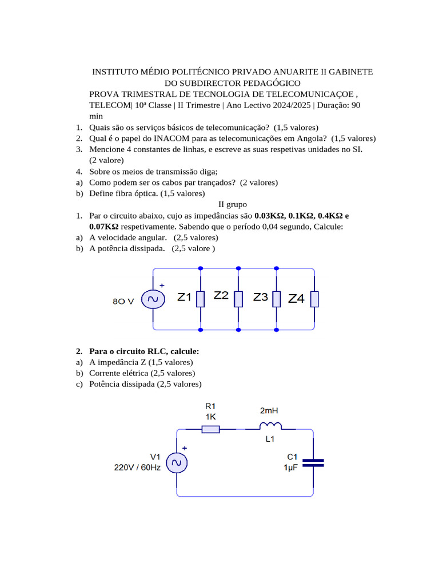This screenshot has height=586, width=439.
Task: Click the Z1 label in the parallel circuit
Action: (x=185, y=298)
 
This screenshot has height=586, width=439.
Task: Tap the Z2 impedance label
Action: (x=221, y=296)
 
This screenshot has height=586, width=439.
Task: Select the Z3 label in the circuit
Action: (x=261, y=297)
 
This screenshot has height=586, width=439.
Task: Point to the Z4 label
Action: (x=296, y=299)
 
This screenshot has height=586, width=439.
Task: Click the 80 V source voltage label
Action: (x=123, y=301)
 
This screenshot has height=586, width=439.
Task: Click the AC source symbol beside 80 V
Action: (x=153, y=299)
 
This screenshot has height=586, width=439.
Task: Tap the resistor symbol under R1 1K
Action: (x=210, y=429)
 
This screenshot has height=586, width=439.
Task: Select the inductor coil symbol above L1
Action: (x=270, y=425)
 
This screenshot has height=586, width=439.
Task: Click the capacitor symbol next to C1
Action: (x=313, y=462)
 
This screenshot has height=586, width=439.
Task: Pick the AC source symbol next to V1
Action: (x=177, y=462)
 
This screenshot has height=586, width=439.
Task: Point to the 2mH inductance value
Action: (x=269, y=411)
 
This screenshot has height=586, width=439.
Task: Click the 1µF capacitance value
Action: (x=290, y=467)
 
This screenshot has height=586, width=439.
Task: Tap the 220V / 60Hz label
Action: (x=138, y=467)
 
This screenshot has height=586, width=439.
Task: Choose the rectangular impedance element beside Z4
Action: (x=314, y=299)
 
